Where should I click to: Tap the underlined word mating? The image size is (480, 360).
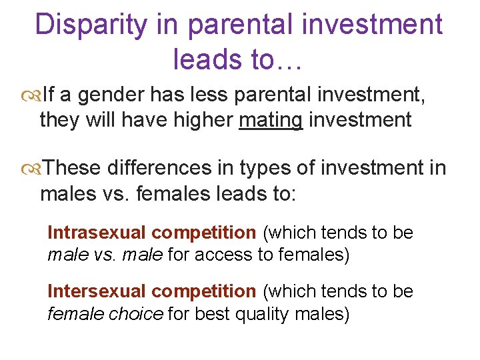[x=271, y=120]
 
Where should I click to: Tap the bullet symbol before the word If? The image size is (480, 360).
[x=29, y=96]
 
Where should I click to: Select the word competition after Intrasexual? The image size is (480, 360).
[x=204, y=233]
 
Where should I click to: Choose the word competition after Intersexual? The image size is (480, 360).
[x=204, y=291]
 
